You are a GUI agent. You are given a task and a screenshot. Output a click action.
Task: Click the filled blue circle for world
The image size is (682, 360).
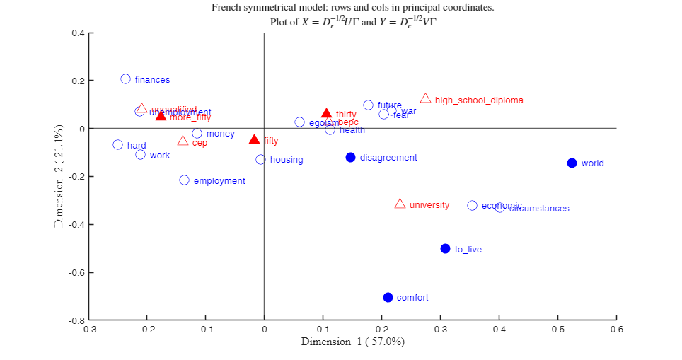(x=572, y=163)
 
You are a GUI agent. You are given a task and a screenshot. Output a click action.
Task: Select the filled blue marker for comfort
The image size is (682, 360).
(x=388, y=297)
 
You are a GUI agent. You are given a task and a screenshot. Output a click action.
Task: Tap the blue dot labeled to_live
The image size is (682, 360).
(x=445, y=248)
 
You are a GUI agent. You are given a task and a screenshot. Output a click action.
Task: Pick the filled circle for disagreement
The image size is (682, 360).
(x=350, y=157)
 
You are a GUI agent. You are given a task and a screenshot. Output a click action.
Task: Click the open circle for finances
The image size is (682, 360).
(x=125, y=79)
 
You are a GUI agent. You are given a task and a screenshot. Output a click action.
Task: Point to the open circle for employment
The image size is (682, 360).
(x=184, y=180)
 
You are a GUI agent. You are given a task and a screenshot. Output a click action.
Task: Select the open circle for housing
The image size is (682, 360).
(x=260, y=159)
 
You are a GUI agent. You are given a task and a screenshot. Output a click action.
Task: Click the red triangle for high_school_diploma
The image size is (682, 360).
(x=425, y=99)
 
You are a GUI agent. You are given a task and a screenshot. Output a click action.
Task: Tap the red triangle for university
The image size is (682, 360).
(x=400, y=204)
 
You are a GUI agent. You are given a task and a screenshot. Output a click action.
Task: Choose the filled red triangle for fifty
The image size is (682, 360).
(x=254, y=140)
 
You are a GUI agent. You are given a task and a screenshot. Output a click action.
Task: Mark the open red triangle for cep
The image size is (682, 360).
(x=183, y=141)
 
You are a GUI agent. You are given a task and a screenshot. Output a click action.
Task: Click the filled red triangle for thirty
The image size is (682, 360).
(x=326, y=113)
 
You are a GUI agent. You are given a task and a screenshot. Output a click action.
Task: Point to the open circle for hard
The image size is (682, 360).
(x=117, y=145)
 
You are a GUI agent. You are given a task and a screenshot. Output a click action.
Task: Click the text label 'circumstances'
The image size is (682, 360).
(x=539, y=209)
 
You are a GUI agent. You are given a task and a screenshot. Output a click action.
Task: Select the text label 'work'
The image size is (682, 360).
(x=160, y=156)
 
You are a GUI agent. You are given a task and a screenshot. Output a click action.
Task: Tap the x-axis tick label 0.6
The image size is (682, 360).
(x=617, y=329)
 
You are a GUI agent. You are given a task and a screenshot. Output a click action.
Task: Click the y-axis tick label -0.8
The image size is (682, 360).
(x=77, y=320)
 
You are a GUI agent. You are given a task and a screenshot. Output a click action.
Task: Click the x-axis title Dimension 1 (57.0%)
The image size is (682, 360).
(x=352, y=342)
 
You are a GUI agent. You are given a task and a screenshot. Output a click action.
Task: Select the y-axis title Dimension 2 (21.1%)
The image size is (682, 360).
(x=59, y=176)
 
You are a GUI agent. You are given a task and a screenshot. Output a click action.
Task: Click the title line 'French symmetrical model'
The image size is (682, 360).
(x=352, y=8)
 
